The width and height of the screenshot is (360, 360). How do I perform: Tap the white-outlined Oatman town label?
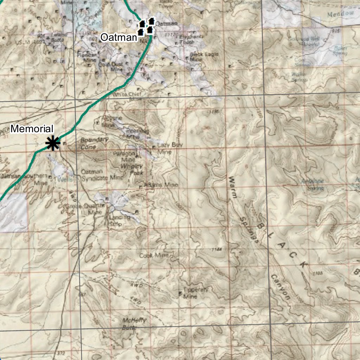(x=118, y=37)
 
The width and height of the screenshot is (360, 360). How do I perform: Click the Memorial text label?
(x=32, y=129)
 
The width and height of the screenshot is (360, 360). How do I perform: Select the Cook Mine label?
(x=154, y=255)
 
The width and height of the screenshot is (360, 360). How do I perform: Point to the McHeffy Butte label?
(x=134, y=323)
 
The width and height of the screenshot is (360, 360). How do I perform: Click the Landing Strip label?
(x=120, y=220)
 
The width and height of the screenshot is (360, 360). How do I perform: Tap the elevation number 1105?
(x=317, y=273)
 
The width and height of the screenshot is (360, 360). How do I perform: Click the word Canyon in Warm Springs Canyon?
(x=281, y=288)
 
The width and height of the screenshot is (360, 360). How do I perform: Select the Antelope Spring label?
(x=313, y=184)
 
